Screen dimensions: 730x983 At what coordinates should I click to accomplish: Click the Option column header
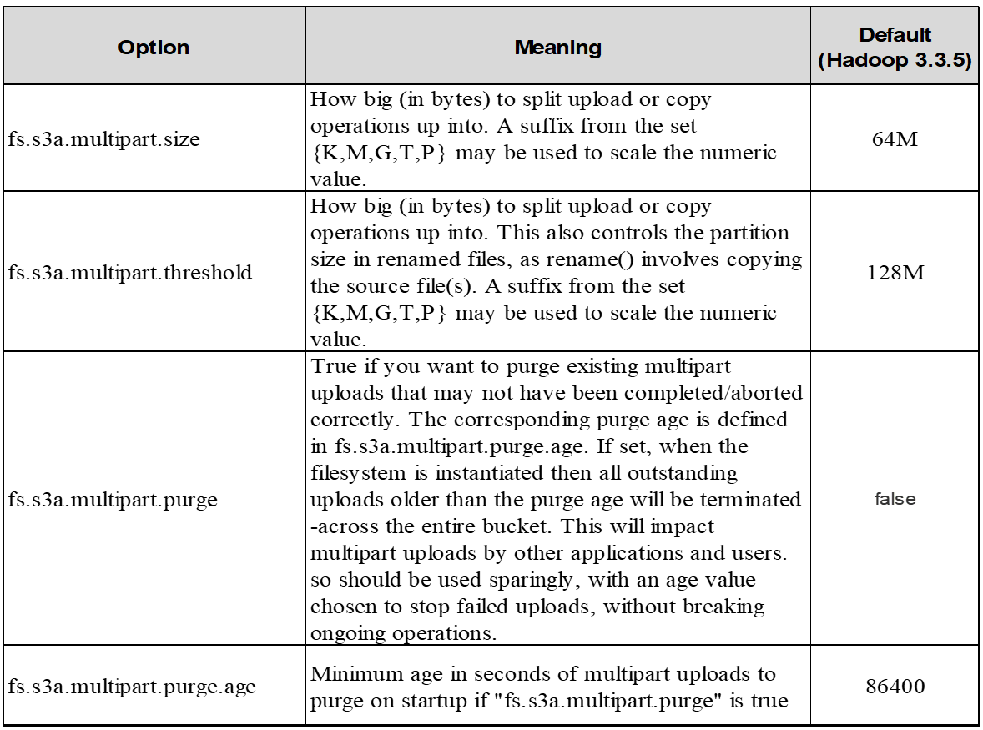(x=154, y=48)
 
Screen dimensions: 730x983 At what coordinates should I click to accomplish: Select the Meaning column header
(x=557, y=48)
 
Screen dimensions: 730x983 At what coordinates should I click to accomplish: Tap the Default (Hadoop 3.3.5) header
(x=895, y=48)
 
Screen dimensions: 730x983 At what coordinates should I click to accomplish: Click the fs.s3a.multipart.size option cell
(x=104, y=138)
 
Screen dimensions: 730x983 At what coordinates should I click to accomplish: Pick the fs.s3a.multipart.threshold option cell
(x=130, y=272)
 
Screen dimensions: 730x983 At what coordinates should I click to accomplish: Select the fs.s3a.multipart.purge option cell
(x=113, y=500)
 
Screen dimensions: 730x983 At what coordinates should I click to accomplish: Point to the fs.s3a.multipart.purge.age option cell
(x=132, y=687)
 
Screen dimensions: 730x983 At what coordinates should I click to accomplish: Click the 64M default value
(x=895, y=138)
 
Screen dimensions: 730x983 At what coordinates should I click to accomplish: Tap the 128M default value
(x=895, y=272)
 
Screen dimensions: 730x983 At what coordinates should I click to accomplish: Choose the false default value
(x=895, y=500)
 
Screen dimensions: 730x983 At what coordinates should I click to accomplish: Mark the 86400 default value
(x=895, y=687)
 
